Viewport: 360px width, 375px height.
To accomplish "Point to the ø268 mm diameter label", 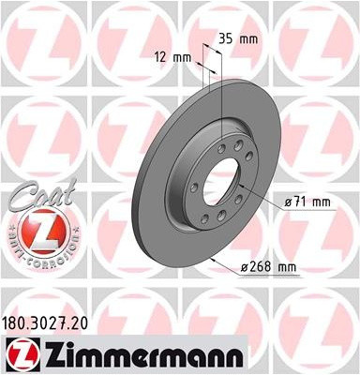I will coord(269,267).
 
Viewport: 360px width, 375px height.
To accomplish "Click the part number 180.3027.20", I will coord(49,322).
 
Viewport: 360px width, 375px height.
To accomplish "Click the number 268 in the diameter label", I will coord(263,267).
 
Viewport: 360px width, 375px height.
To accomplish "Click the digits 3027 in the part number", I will coord(51,322).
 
